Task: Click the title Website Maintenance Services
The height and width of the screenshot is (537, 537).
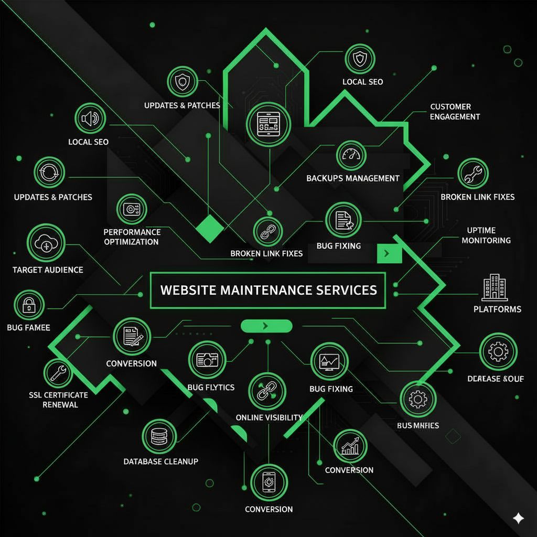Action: pyautogui.click(x=268, y=289)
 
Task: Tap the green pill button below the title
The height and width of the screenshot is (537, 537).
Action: pyautogui.click(x=266, y=326)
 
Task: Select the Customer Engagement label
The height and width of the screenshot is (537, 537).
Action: pyautogui.click(x=455, y=112)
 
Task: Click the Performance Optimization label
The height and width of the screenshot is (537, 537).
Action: pyautogui.click(x=132, y=237)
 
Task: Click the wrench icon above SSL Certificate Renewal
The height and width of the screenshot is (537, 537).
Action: pyautogui.click(x=58, y=373)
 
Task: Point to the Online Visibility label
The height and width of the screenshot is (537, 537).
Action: pyautogui.click(x=269, y=417)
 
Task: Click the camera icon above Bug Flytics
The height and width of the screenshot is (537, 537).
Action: pyautogui.click(x=207, y=359)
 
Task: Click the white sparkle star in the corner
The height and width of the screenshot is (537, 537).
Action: pyautogui.click(x=518, y=518)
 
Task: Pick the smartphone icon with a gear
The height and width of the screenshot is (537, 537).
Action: pyautogui.click(x=268, y=481)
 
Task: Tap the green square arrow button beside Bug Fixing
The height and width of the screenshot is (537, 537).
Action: pyautogui.click(x=389, y=253)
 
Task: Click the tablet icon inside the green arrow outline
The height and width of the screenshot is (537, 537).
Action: pyautogui.click(x=266, y=124)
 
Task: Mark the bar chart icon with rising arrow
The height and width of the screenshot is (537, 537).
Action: pyautogui.click(x=350, y=446)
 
